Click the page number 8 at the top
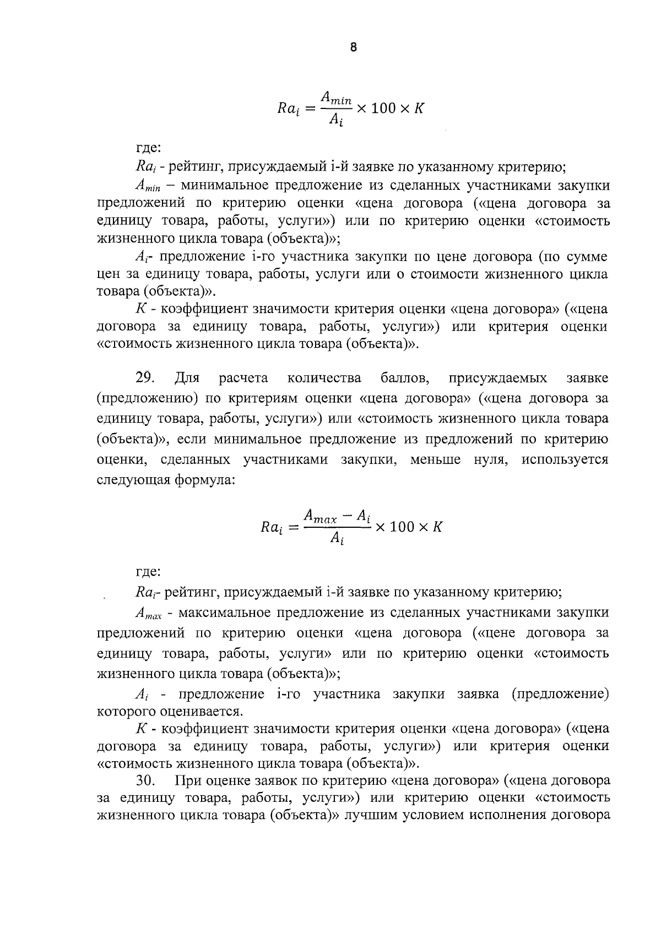point(354,47)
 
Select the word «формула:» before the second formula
point(205,480)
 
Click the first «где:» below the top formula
point(148,147)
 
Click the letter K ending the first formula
point(419,108)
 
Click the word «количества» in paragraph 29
point(324,378)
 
